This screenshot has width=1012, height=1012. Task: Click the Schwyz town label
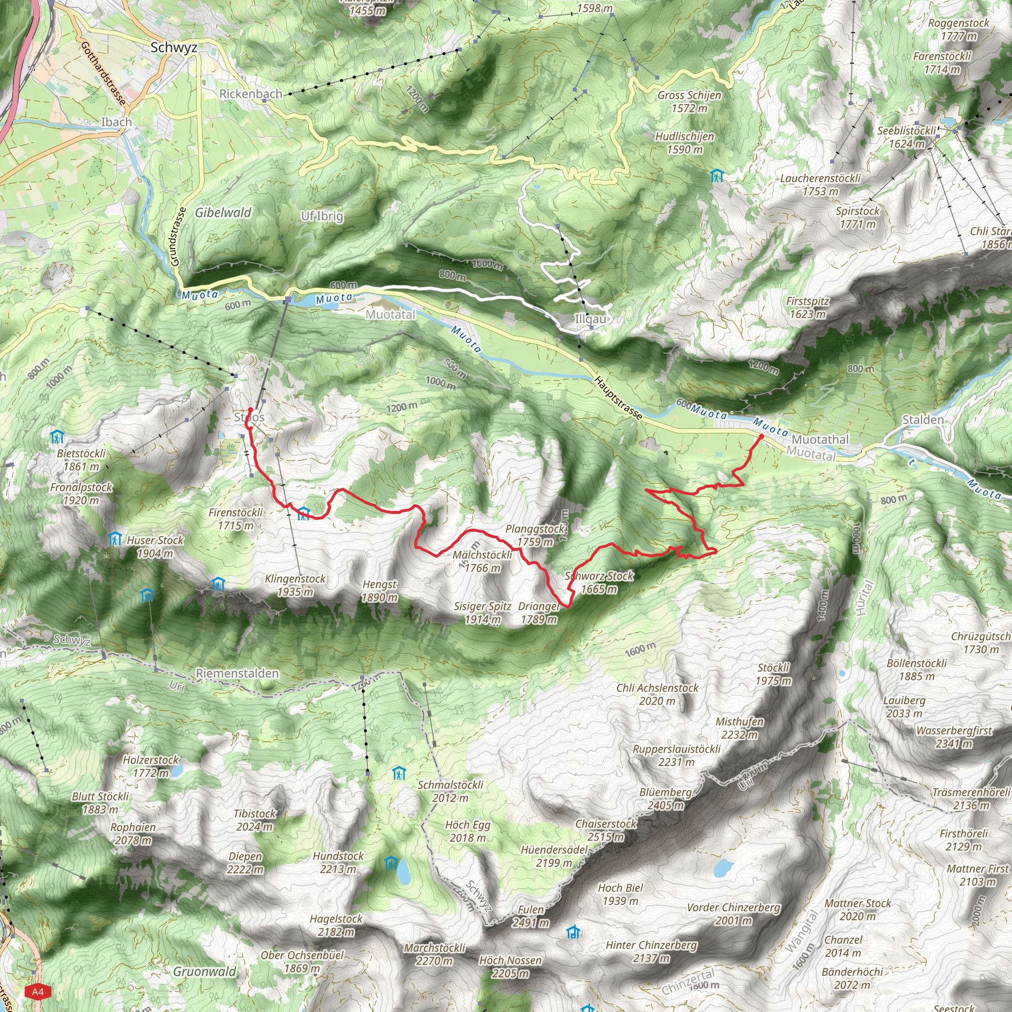(x=174, y=47)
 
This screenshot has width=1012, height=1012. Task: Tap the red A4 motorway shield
(x=38, y=992)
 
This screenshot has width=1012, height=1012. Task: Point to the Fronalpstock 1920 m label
(x=81, y=494)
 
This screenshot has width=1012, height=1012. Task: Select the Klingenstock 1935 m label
(x=295, y=585)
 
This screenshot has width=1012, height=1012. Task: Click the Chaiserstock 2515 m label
(x=605, y=830)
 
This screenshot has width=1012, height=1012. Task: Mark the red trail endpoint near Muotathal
(x=761, y=436)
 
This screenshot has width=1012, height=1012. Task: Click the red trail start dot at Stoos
(x=251, y=410)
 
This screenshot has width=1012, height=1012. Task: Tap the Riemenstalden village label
(x=237, y=673)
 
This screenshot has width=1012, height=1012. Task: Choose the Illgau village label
(x=591, y=319)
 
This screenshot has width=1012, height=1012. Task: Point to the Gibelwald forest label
(x=223, y=212)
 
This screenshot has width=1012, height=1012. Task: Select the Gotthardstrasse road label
(x=103, y=73)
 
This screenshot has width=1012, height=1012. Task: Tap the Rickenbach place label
(x=251, y=94)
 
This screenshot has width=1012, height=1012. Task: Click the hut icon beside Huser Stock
(x=115, y=539)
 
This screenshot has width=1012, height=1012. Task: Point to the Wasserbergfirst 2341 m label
(x=954, y=737)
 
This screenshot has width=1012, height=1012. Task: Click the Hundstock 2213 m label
(x=338, y=862)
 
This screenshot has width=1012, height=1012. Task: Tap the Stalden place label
(x=923, y=420)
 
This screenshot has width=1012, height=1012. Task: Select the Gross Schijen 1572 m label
(x=689, y=102)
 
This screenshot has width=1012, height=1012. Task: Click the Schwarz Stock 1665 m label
(x=599, y=583)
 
